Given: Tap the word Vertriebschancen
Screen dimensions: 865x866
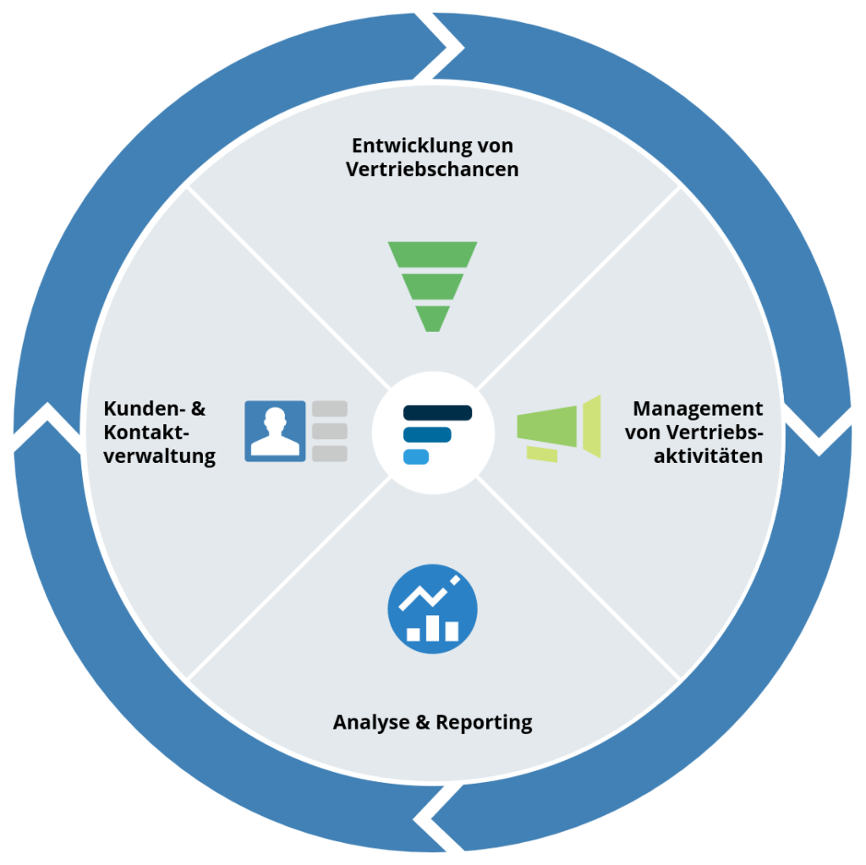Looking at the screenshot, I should point(432,169).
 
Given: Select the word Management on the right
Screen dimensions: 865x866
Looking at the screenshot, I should point(698,409).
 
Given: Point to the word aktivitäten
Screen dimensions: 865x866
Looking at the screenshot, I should point(714,456).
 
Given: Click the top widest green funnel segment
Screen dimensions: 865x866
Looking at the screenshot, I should point(432,254).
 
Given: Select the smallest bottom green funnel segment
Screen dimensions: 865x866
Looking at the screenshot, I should point(432,318).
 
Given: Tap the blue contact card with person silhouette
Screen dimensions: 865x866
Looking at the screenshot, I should point(275,431).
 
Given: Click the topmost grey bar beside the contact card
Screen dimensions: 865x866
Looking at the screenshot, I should point(330,409).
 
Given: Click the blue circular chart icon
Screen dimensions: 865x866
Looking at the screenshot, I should point(432,609).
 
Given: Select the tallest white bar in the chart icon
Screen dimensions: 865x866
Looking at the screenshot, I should point(432,627).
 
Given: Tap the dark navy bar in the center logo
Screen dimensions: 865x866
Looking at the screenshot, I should point(437,413).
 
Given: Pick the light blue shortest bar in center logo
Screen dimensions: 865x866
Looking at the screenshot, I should point(416,457).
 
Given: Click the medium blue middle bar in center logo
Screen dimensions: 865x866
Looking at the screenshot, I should point(427,435).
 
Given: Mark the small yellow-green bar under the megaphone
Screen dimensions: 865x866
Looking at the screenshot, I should point(541,455).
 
